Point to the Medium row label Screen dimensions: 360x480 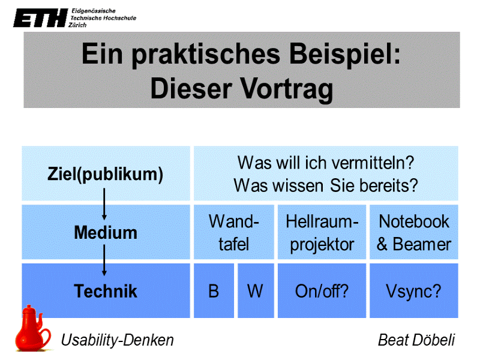106,232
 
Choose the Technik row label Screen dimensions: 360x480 106,291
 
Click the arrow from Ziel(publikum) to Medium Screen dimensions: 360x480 104,204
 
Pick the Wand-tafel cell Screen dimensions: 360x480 233,232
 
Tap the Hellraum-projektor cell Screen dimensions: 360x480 322,232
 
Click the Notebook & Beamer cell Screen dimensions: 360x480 413,232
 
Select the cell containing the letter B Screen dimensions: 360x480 214,291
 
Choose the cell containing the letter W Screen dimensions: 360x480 255,291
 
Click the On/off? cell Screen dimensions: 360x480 322,291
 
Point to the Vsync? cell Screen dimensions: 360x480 413,291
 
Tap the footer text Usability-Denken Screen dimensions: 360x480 118,341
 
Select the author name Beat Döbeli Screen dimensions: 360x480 416,341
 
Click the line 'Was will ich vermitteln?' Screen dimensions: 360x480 326,163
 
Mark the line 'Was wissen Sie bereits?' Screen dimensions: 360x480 326,185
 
